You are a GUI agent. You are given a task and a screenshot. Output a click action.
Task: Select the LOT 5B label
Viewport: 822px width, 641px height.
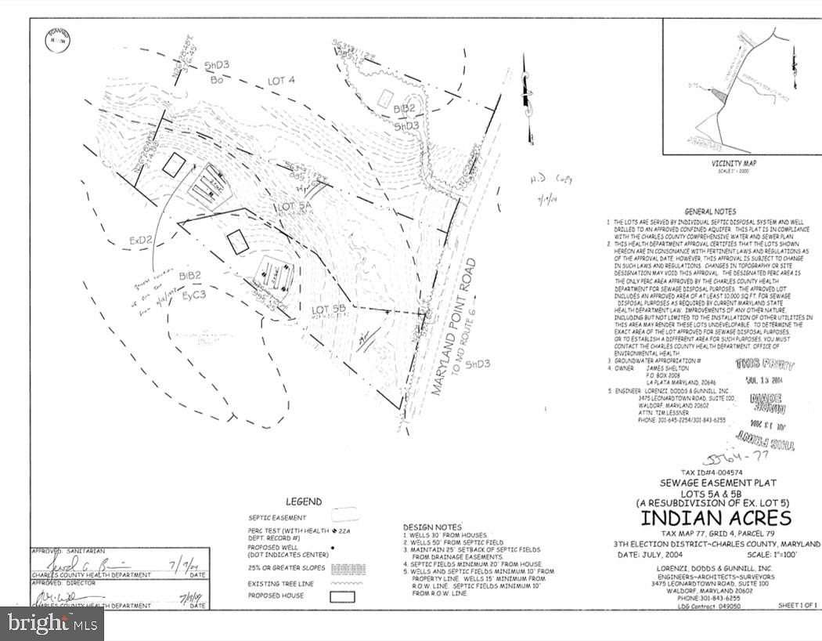pyautogui.click(x=329, y=310)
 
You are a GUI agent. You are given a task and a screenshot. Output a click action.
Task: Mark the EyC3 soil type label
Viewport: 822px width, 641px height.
pyautogui.click(x=193, y=294)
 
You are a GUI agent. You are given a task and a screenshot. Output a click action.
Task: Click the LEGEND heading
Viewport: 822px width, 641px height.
pyautogui.click(x=303, y=502)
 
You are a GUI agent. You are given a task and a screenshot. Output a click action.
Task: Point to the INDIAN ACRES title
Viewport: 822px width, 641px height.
pyautogui.click(x=716, y=518)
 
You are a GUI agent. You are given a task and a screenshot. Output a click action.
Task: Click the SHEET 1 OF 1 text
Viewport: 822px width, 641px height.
pyautogui.click(x=798, y=606)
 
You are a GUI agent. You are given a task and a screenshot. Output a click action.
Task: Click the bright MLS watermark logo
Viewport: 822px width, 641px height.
pyautogui.click(x=52, y=624)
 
